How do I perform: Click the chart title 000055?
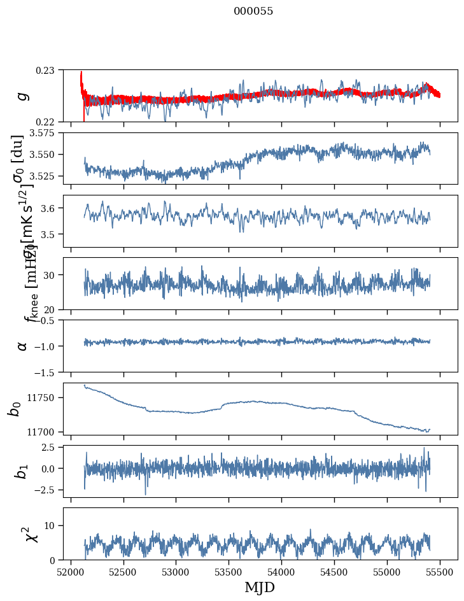(x=253, y=11)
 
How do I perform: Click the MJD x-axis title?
(x=260, y=587)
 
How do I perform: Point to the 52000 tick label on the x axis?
(x=71, y=572)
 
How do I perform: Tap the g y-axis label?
(x=22, y=95)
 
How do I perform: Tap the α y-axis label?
(x=22, y=345)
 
